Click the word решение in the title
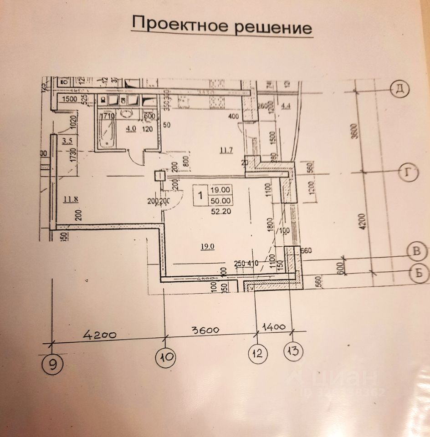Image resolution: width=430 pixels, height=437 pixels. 273,27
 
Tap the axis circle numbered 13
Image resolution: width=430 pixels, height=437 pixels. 294,351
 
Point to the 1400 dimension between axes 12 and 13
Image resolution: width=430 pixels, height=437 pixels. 273,326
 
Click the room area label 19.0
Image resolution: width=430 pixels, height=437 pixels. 208,246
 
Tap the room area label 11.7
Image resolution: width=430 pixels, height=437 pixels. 226,151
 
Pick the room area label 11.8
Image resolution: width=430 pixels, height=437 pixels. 71,198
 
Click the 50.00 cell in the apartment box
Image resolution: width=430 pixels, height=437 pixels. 220,200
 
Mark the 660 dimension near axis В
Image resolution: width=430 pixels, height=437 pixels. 305,250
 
